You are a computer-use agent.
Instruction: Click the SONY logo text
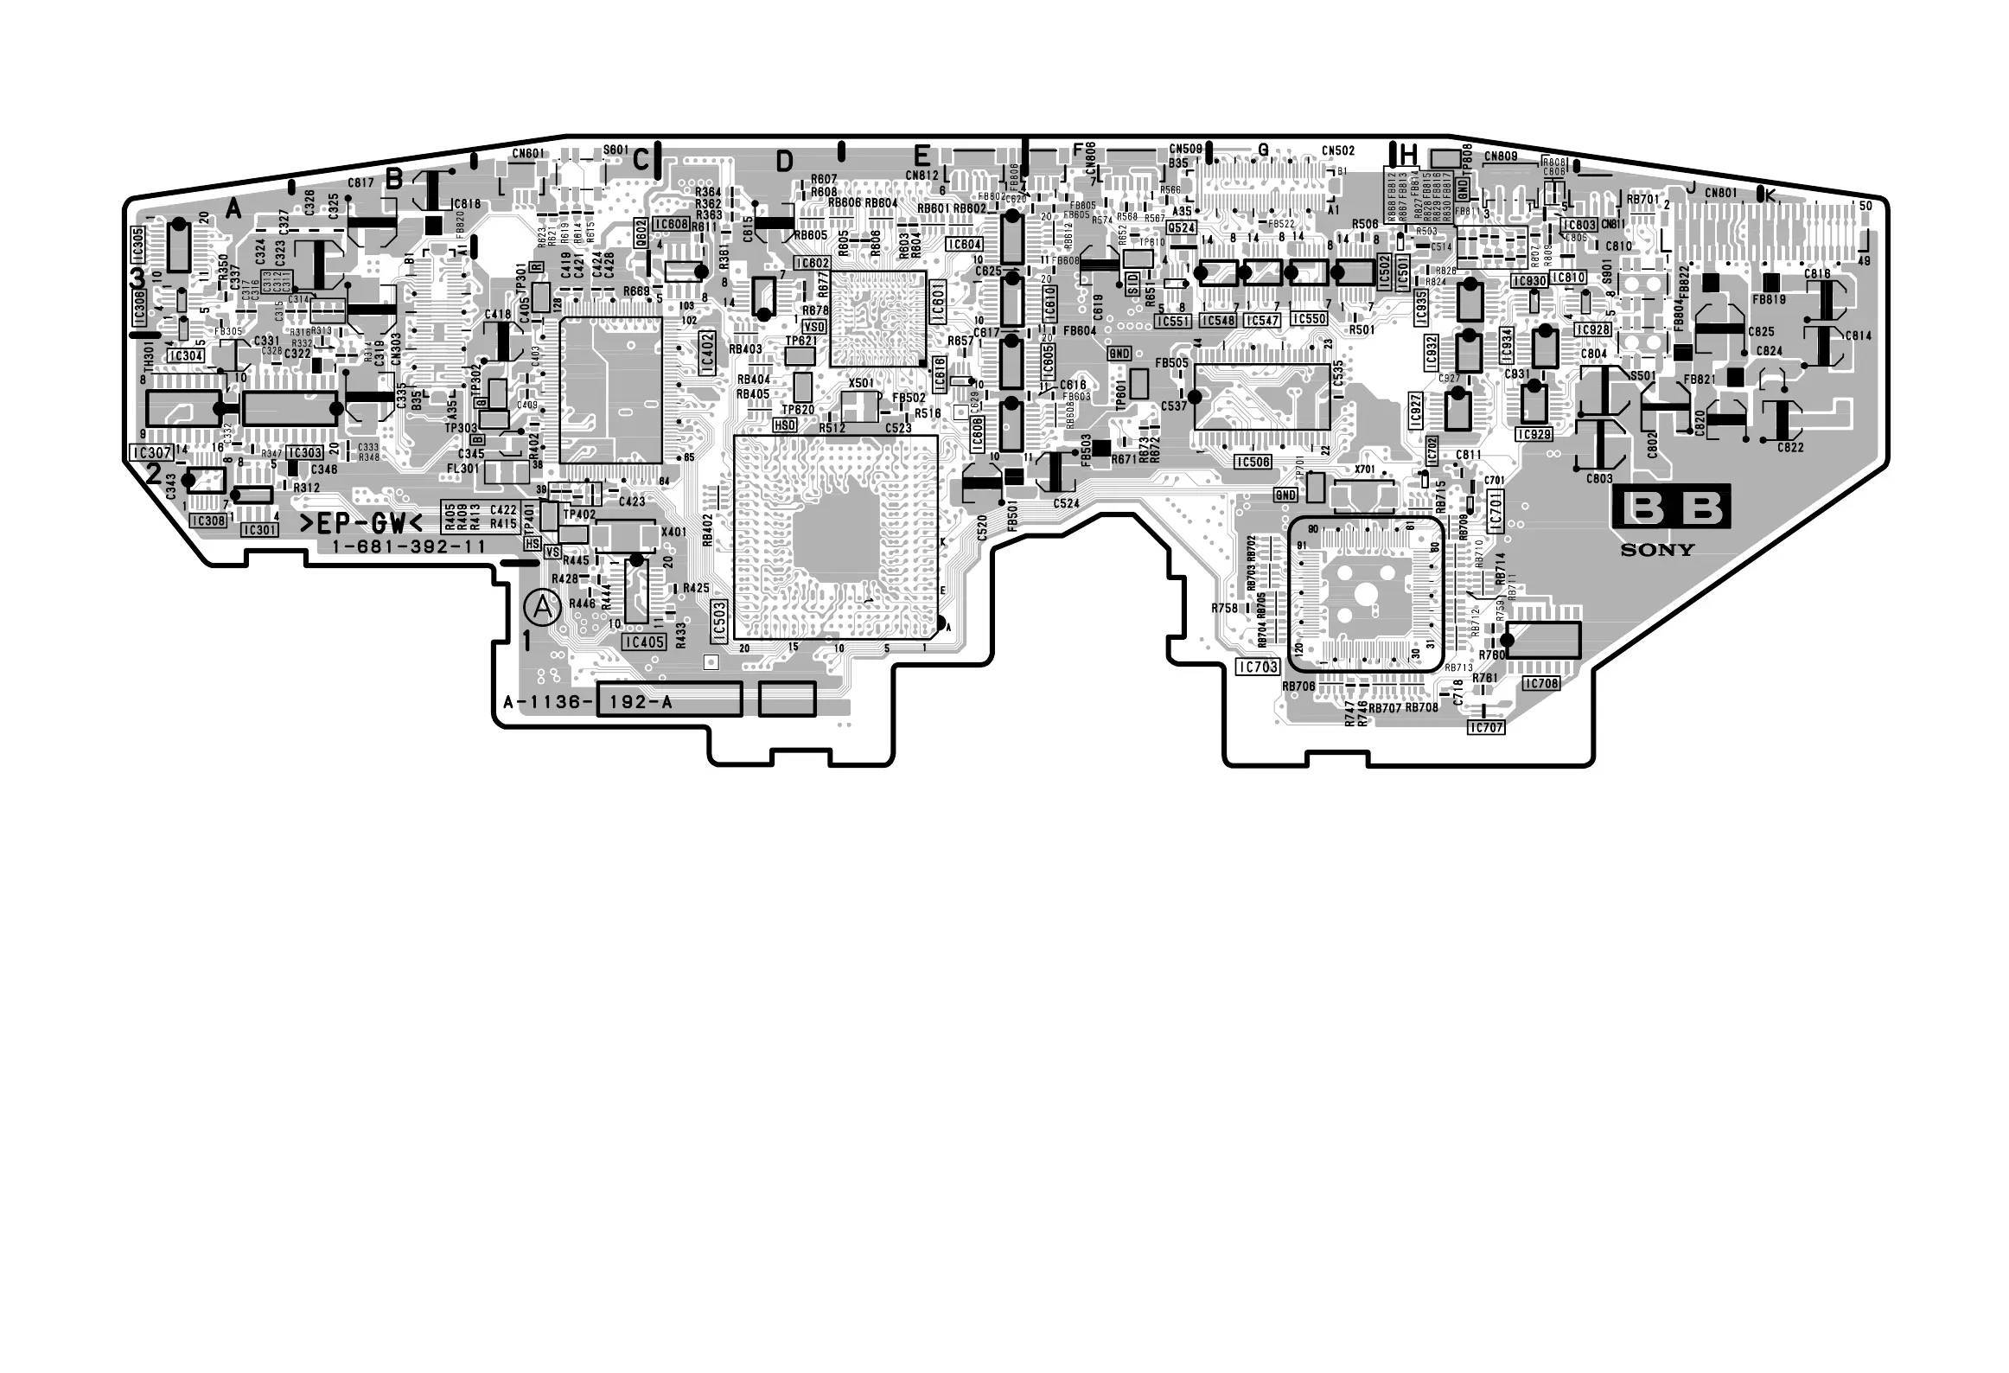click(1657, 550)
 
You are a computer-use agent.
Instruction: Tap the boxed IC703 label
click(1258, 667)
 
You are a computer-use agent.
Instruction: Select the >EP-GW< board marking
click(362, 524)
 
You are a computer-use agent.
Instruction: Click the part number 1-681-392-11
click(403, 547)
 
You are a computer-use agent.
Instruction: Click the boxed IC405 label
click(644, 642)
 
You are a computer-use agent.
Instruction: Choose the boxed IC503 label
click(719, 623)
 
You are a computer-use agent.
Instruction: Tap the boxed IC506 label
click(1253, 463)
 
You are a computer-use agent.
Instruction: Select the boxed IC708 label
click(1541, 684)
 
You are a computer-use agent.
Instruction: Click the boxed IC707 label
click(1487, 728)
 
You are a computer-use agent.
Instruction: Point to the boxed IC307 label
click(150, 452)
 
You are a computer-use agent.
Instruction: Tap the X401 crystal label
click(673, 533)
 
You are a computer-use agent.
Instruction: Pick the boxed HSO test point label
click(784, 425)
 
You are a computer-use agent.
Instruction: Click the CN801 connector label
click(1721, 193)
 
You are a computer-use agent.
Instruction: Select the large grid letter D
click(784, 161)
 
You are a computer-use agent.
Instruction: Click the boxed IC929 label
click(1534, 435)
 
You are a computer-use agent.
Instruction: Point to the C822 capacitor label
click(1790, 448)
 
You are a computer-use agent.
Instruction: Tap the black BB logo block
click(1672, 508)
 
